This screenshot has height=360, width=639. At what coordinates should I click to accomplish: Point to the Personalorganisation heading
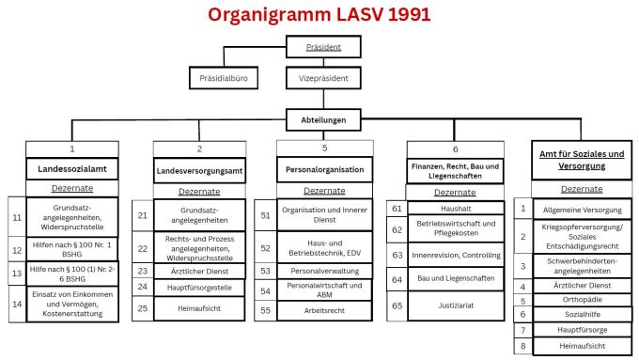click(x=324, y=171)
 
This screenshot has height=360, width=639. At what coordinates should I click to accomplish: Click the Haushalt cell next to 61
click(x=455, y=208)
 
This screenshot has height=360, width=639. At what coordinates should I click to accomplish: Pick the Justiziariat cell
click(x=455, y=305)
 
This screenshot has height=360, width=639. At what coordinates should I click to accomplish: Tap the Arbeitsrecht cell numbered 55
click(x=324, y=308)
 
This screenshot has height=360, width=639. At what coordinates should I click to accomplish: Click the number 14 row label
click(x=17, y=303)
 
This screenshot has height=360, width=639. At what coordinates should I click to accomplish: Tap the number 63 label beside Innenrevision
click(x=397, y=255)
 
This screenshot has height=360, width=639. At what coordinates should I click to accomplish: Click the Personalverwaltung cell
click(x=324, y=271)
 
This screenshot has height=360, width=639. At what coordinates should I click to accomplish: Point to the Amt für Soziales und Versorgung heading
click(x=576, y=160)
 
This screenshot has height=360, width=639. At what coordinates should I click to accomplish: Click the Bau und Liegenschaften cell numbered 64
click(x=455, y=279)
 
